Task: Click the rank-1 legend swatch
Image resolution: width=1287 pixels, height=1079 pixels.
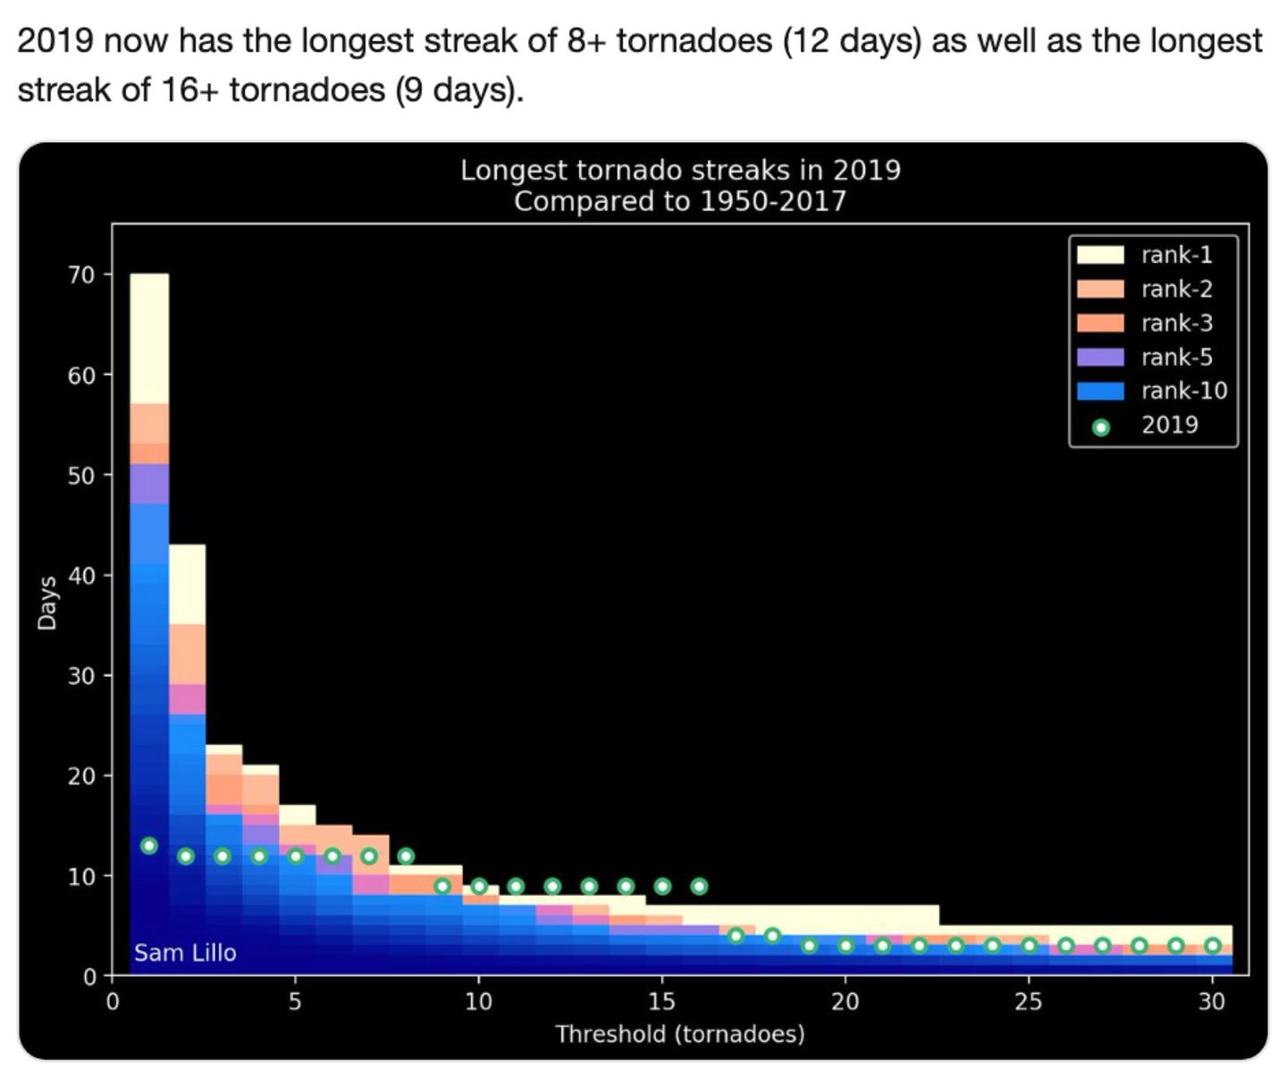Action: click(x=1099, y=255)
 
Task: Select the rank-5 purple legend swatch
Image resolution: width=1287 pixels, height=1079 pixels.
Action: click(x=1099, y=357)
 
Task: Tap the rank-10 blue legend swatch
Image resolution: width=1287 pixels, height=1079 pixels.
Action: click(x=1099, y=391)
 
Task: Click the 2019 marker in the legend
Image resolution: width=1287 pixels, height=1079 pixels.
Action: click(x=1101, y=427)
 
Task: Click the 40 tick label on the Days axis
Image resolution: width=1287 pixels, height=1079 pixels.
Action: click(x=81, y=575)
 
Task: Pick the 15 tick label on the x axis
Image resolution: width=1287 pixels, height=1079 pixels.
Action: click(x=661, y=1001)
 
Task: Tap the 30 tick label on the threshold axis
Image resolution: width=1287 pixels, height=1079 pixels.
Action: click(x=1211, y=1001)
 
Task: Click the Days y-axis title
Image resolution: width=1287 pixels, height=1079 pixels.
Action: click(x=46, y=602)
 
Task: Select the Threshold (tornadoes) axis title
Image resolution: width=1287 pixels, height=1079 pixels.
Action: click(x=679, y=1034)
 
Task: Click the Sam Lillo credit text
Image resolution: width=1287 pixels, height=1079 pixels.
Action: click(x=185, y=953)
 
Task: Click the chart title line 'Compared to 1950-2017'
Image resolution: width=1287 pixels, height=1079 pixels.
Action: click(x=679, y=201)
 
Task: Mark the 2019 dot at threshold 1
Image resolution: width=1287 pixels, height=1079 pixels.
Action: click(x=149, y=846)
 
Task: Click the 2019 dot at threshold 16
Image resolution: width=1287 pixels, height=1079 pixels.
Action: click(x=699, y=886)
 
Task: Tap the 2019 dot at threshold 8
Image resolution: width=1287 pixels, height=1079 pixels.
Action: click(x=406, y=856)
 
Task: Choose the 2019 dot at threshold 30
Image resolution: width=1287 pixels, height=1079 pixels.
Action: click(x=1212, y=946)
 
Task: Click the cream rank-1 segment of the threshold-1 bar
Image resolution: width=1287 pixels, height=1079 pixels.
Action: click(x=149, y=338)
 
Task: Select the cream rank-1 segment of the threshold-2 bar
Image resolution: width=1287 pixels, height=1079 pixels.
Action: click(x=187, y=584)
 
